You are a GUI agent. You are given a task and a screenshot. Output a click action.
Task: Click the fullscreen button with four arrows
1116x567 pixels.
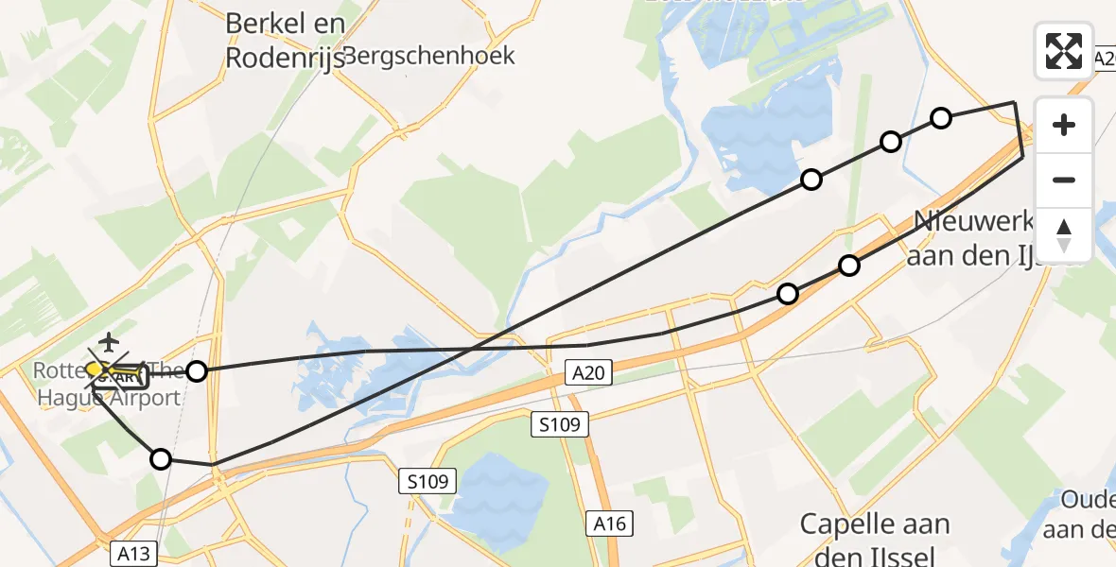[1064, 51]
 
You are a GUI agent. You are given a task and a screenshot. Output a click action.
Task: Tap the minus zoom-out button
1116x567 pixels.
[1064, 180]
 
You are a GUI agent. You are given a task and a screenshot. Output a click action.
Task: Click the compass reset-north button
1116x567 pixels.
[1064, 235]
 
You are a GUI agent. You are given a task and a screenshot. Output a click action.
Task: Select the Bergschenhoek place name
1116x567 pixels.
[430, 56]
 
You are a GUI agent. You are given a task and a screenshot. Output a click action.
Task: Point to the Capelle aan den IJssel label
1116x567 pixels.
[875, 539]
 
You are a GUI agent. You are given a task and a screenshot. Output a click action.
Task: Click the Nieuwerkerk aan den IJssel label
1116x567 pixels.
[984, 238]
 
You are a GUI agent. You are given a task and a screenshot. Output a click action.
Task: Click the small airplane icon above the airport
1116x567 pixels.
[111, 340]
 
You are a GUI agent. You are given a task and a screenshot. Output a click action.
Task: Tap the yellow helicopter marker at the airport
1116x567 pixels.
[97, 368]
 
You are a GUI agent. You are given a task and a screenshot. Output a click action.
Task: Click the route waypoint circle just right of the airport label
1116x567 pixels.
[196, 371]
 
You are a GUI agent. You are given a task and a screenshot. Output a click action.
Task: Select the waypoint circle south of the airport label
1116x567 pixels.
[161, 459]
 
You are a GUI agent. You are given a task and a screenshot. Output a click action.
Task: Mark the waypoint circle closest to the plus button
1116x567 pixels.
[940, 118]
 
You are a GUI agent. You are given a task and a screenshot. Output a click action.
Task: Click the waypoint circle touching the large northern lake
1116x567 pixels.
[811, 180]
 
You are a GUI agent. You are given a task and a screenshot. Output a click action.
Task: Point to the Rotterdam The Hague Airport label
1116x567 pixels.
[109, 384]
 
